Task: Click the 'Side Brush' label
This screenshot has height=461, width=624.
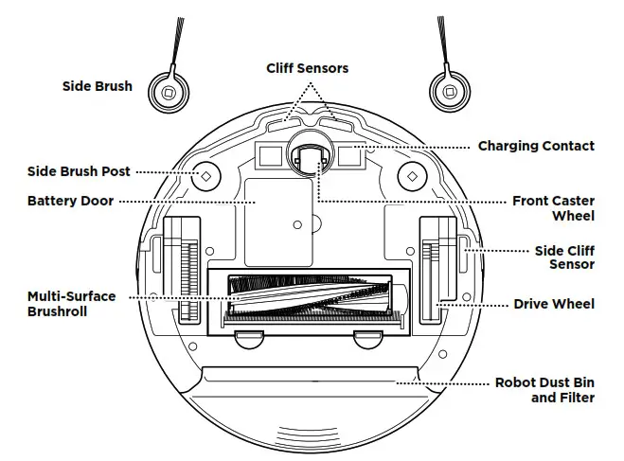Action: [x=98, y=86]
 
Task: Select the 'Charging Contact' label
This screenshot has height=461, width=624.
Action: [x=536, y=146]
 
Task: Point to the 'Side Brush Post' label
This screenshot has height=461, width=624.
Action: [x=79, y=172]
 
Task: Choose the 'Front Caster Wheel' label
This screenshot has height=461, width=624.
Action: [x=553, y=208]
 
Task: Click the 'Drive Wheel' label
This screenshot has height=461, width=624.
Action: [x=554, y=304]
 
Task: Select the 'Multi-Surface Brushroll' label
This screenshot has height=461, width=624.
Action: [x=72, y=303]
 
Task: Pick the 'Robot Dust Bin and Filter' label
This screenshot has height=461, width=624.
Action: [x=544, y=390]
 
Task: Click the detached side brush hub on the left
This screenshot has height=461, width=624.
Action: [x=168, y=92]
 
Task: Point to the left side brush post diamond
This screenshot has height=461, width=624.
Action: [x=202, y=176]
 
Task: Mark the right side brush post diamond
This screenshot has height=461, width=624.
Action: [x=410, y=176]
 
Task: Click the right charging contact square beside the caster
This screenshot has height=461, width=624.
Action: [x=351, y=155]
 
